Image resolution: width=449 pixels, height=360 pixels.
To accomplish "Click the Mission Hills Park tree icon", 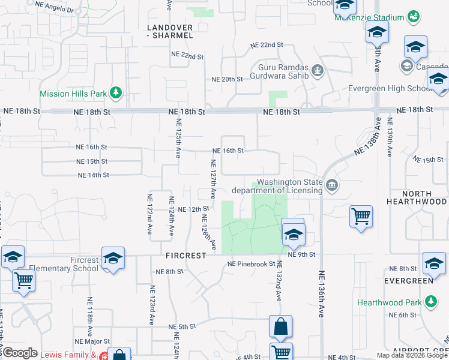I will coord(116,94).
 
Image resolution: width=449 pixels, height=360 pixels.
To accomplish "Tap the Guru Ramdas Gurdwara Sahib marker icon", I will coord(318,72).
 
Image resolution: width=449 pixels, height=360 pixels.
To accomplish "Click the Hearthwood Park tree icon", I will coord(430,301).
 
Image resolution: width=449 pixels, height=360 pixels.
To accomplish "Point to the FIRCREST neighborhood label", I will coord(186,255).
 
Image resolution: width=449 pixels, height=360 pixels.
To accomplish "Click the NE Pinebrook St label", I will coord(251,264).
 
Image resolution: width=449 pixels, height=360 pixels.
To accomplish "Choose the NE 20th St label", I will coord(227,79).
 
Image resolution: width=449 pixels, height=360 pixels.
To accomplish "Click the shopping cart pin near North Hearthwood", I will coord(361,216).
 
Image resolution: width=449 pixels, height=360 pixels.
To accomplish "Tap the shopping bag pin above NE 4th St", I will coord(280,326).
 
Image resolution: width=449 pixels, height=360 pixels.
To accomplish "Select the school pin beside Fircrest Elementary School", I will coord(113,258).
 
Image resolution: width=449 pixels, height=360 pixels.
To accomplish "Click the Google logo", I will coord(19,353).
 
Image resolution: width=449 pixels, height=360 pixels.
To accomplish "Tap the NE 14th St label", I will coord(93,175).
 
